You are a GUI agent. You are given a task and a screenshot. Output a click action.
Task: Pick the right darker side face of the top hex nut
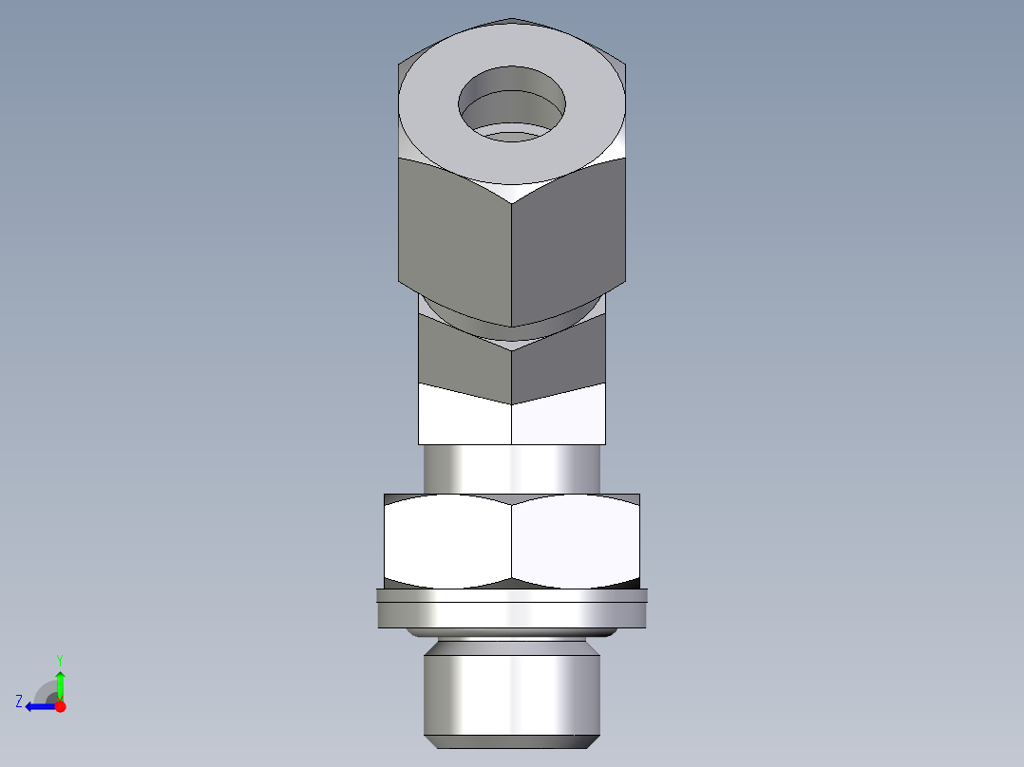568,242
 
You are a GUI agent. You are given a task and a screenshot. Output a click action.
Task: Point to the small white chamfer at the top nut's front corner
512,194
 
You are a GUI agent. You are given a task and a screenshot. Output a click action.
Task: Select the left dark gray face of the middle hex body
464,359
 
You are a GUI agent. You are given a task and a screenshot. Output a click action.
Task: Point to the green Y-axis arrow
60,683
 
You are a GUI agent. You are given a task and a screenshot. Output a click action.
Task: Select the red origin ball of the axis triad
60,706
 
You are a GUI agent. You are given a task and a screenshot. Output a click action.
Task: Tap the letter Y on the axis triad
59,659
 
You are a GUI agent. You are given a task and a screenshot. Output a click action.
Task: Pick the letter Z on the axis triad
19,702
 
